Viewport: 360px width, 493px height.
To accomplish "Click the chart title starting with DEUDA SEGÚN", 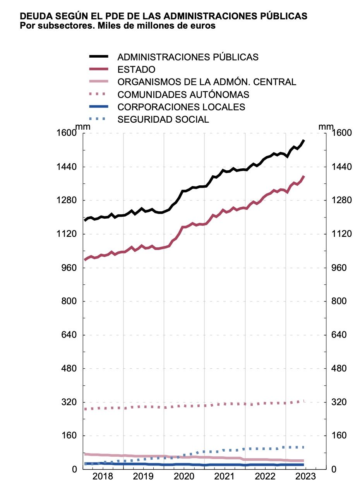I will click(163, 16).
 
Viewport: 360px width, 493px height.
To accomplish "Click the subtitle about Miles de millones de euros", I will click(117, 26).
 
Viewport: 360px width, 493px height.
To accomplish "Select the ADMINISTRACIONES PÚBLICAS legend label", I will click(188, 57).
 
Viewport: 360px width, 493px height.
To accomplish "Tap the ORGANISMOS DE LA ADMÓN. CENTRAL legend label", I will click(207, 82).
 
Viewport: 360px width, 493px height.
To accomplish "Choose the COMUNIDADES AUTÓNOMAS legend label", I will click(183, 94).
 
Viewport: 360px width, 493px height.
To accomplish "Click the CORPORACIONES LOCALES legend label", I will click(181, 107).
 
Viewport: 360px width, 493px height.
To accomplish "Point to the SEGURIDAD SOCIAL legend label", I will click(163, 119).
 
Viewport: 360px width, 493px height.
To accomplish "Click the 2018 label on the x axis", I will click(103, 476).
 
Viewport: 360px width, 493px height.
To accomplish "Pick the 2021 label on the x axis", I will click(225, 476).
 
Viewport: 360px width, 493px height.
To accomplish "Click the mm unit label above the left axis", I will click(82, 127).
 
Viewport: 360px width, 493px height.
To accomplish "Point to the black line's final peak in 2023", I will click(304, 140).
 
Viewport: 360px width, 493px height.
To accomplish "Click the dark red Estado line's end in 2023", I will click(304, 176).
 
